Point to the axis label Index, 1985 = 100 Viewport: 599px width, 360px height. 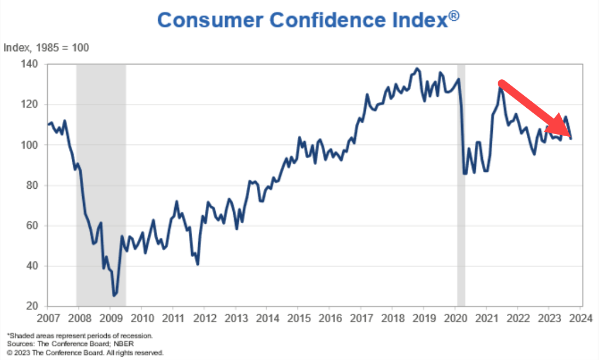tap(47, 48)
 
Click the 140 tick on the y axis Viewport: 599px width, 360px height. tap(31, 64)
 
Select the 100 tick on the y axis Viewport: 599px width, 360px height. tap(31, 145)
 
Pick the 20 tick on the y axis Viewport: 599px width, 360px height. tap(33, 306)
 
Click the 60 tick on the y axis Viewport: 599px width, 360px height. tap(33, 226)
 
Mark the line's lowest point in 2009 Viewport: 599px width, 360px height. tap(114, 295)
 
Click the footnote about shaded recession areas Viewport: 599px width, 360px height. tap(79, 335)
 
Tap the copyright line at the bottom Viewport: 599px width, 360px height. tap(85, 353)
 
